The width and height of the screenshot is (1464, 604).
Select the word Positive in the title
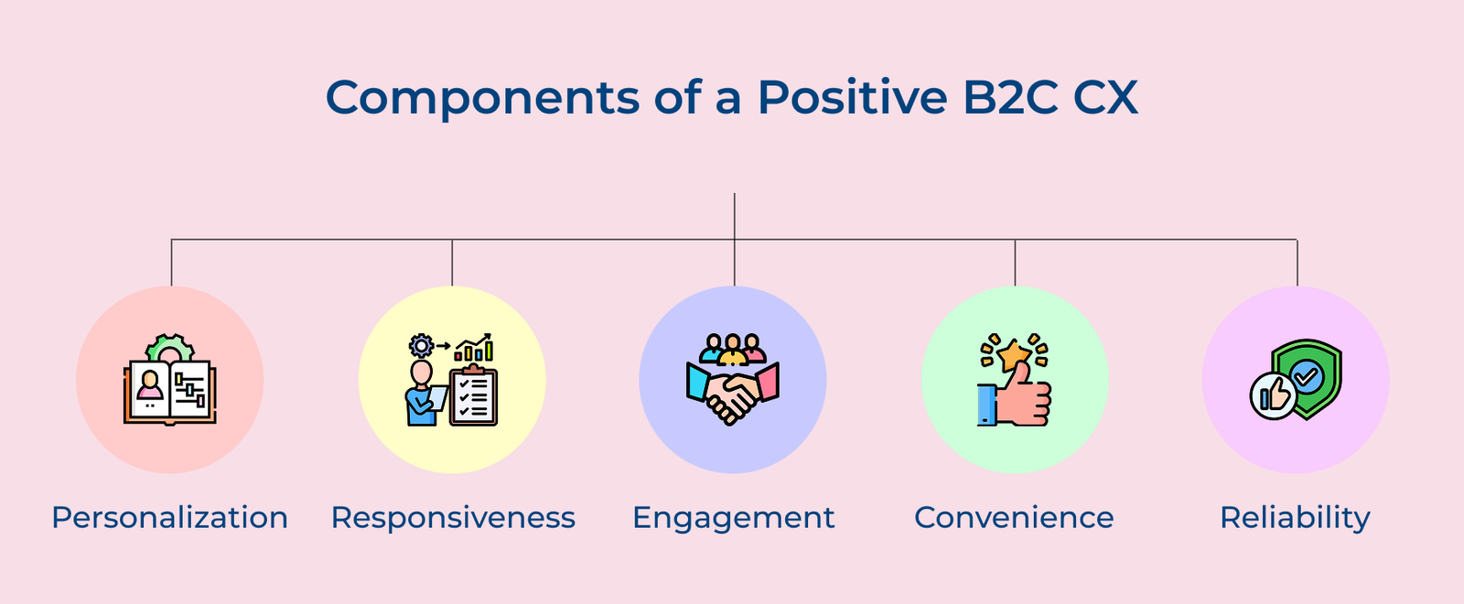pos(852,96)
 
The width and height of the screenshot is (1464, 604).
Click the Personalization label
pos(170,518)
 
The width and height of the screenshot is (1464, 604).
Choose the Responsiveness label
pos(453,518)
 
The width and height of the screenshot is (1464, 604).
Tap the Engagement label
pos(733,518)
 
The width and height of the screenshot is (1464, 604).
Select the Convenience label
pos(1014,518)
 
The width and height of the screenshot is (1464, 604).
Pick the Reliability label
pos(1295,518)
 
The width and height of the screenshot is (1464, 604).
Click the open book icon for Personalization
pos(170,391)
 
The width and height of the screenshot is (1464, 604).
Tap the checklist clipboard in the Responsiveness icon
pos(474,397)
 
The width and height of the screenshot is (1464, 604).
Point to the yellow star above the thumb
pos(1013,353)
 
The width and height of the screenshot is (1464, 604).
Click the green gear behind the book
pos(170,346)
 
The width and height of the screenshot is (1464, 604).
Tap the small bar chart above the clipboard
pos(475,349)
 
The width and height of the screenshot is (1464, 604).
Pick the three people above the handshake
pos(732,349)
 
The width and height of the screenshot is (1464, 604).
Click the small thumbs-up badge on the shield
pos(1273,396)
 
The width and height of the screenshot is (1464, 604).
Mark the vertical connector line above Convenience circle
pos(1015,263)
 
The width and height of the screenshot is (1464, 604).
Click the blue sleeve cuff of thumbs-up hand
pos(986,404)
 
